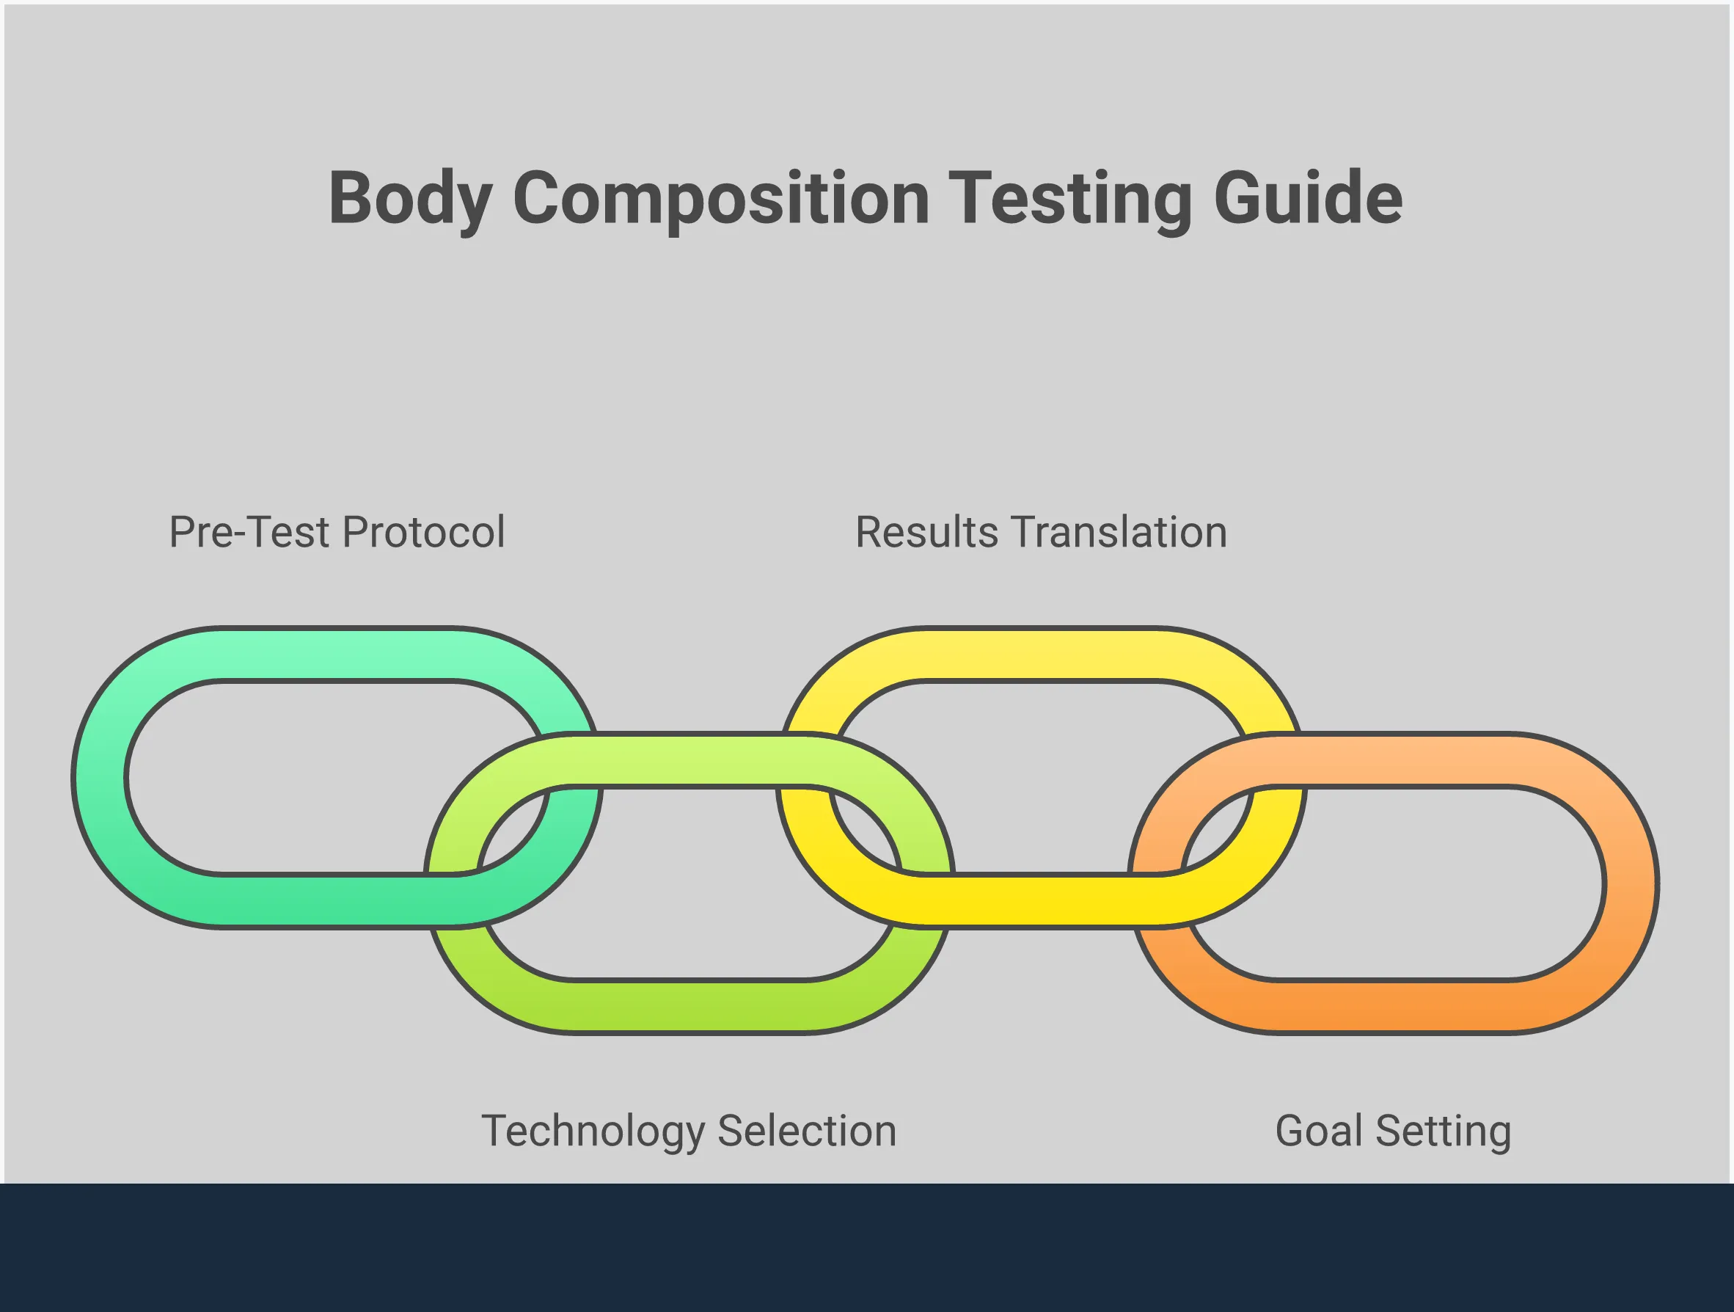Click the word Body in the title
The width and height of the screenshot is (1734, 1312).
pos(410,198)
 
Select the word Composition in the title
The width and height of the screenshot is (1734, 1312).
pos(720,198)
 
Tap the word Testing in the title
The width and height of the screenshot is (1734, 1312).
pos(1069,198)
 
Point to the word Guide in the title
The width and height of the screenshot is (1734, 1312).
pos(1308,198)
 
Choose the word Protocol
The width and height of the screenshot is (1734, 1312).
pos(424,533)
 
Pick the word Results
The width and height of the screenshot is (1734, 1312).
pos(926,533)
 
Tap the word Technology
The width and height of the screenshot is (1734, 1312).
pos(593,1131)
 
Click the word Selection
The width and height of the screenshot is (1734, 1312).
pos(807,1131)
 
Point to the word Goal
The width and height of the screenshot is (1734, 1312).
pos(1320,1131)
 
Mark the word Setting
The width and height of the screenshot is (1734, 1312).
pos(1444,1131)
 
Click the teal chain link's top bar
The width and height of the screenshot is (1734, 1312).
pos(337,654)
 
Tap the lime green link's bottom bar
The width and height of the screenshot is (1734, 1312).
pos(689,1006)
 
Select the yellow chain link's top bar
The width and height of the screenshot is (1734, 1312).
pos(1042,654)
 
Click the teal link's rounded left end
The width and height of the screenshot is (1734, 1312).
pos(100,778)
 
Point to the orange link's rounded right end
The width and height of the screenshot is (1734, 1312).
pos(1631,883)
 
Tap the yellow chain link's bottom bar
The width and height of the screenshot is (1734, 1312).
pos(1042,901)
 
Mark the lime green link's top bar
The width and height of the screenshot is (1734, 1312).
pos(689,760)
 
